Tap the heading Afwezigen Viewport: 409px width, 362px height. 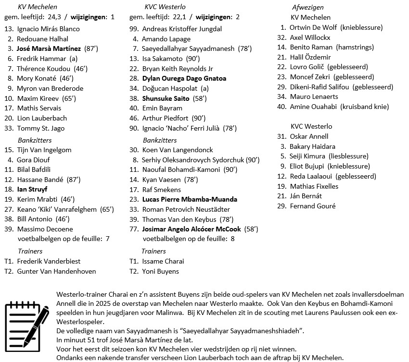click(x=307, y=7)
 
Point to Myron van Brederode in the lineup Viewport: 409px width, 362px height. click(x=50, y=88)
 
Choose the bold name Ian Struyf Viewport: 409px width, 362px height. click(x=36, y=189)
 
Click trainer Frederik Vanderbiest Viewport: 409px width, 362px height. click(x=49, y=261)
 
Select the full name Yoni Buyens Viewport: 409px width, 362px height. click(x=160, y=271)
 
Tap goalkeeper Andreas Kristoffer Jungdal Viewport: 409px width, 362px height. click(x=182, y=29)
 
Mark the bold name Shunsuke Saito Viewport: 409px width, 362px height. click(x=166, y=98)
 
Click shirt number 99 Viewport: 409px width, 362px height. click(x=134, y=29)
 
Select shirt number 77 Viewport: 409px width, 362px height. click(x=134, y=229)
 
